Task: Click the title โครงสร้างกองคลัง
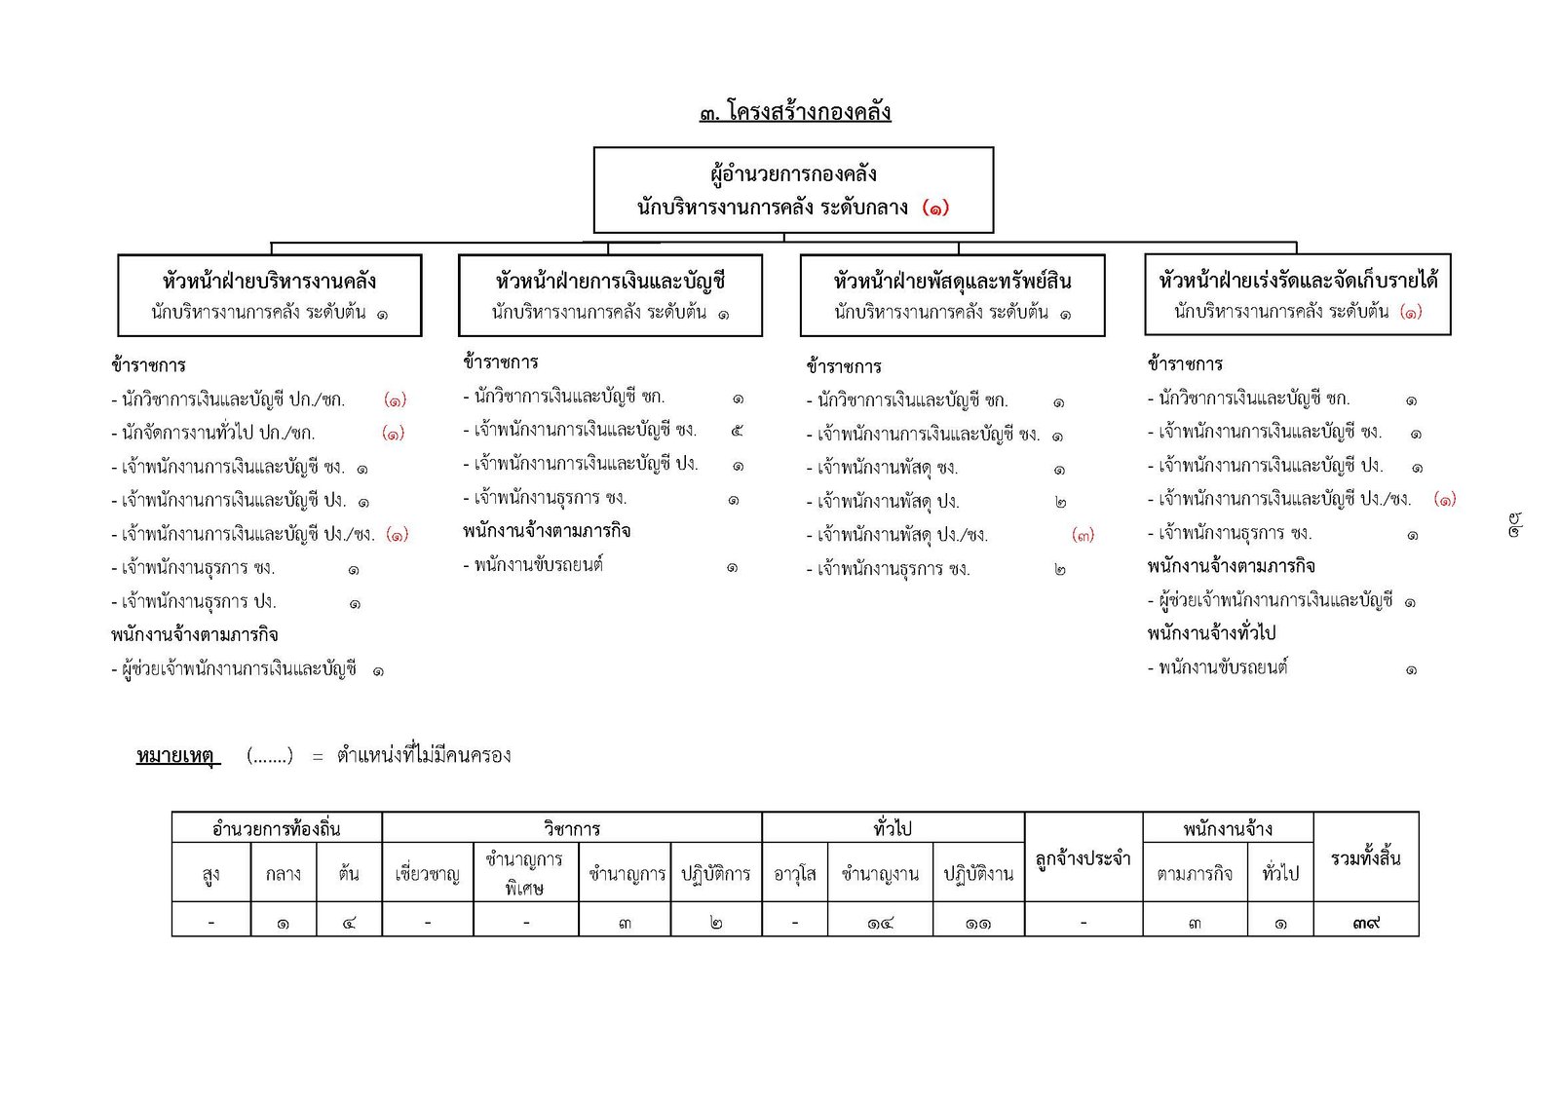pos(795,112)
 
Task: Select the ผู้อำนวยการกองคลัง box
pos(793,190)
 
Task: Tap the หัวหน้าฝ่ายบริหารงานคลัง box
pos(269,295)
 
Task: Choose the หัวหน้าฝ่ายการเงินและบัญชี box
pos(610,295)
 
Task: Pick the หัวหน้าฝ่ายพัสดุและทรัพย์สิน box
pos(952,295)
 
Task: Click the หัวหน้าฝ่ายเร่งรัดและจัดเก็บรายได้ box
pos(1297,294)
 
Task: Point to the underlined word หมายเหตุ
pos(176,755)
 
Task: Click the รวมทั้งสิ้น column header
pos(1365,857)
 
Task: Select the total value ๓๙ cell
pos(1365,921)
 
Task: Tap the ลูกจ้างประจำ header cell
pos(1083,858)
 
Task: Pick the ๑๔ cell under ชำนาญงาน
pos(880,922)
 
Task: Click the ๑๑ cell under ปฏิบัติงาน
pos(978,922)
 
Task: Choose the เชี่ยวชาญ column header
pos(427,874)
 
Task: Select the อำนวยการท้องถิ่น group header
pos(277,828)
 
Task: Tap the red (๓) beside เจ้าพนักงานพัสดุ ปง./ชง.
pos(1083,535)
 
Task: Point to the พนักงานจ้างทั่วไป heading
pos(1211,633)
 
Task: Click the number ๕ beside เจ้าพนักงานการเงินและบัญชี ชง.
pos(737,430)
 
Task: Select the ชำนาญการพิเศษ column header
pos(525,873)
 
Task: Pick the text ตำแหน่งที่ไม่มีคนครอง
pos(424,755)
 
